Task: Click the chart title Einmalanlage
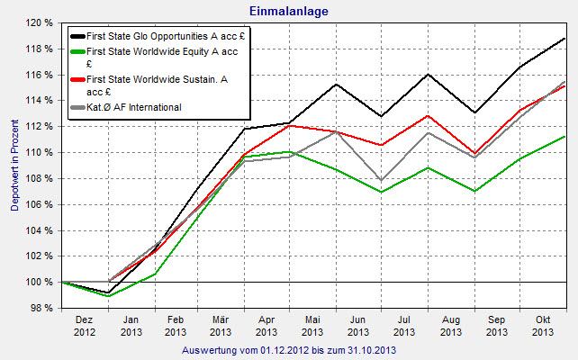288,10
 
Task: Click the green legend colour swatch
77,52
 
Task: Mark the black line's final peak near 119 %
565,39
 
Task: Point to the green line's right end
565,137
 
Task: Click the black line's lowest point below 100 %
108,292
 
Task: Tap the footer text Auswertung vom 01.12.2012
288,349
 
